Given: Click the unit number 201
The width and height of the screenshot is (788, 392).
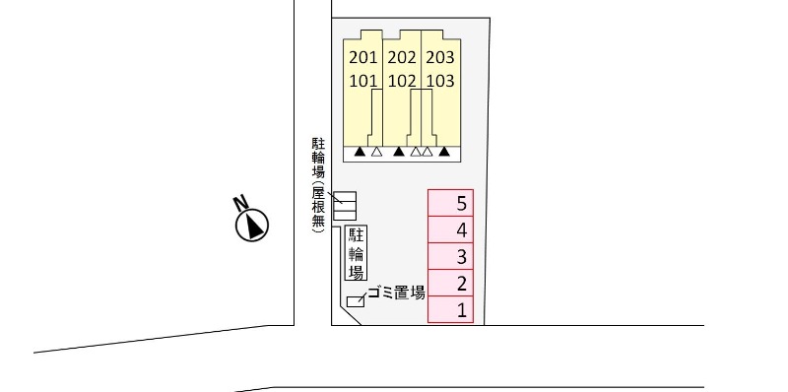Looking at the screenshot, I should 363,57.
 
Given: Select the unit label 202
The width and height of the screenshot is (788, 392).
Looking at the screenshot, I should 402,57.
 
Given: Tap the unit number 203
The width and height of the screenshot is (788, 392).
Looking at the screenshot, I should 440,57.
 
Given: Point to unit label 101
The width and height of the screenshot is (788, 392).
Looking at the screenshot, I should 363,81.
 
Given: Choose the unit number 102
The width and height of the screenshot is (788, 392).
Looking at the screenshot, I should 402,81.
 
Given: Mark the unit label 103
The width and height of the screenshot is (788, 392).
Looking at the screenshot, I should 440,81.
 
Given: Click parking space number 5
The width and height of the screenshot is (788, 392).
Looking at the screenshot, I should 461,204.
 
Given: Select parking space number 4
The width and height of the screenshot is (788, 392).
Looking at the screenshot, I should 461,230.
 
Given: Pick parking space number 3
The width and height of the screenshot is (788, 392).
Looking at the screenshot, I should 461,257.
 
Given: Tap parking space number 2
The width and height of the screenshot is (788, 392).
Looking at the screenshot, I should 461,285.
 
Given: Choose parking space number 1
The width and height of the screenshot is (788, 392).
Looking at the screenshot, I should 461,311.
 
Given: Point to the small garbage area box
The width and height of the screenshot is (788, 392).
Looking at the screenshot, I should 355,301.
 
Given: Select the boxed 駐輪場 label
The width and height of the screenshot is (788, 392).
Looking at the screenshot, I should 357,253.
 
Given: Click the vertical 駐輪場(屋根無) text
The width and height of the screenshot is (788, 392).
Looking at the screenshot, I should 318,187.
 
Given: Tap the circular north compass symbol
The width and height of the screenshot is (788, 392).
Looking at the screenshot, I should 253,226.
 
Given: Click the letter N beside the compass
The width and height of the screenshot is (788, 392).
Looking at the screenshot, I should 239,204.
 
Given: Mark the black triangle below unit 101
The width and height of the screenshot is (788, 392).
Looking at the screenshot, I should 361,152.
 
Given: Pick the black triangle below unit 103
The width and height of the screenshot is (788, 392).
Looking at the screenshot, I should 444,152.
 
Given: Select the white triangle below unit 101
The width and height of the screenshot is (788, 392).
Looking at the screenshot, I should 376,152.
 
